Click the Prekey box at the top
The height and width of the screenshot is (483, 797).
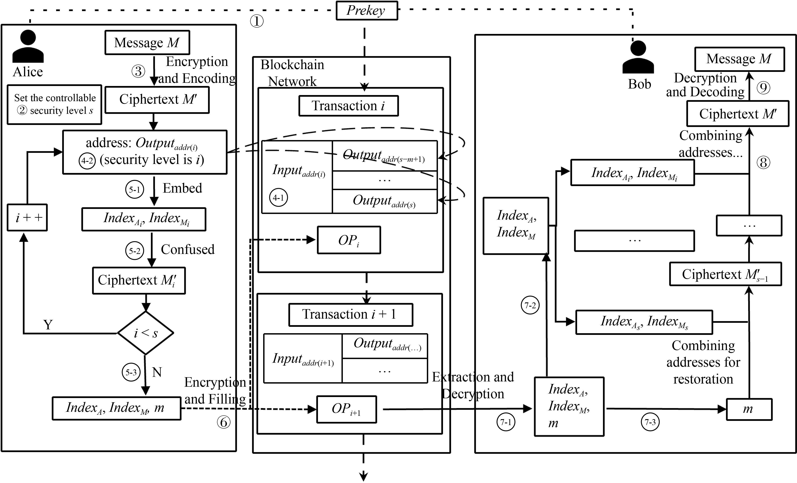point(366,11)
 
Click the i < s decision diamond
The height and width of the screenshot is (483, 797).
point(145,333)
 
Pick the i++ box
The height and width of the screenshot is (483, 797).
point(27,217)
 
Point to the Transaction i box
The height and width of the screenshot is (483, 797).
point(348,106)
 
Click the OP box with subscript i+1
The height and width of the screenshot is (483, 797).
point(346,409)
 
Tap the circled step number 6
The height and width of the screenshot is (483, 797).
point(223,422)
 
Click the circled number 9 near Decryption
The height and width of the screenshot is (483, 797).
point(763,88)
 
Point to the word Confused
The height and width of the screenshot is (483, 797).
point(188,250)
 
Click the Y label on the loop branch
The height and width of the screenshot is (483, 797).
point(48,325)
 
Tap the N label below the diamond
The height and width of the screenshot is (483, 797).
point(157,372)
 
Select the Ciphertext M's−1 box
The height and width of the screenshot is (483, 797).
point(725,274)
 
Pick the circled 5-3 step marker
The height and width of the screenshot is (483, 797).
point(131,372)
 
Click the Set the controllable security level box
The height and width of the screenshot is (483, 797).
point(54,105)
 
